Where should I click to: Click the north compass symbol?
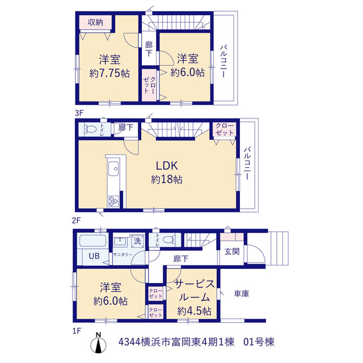98,343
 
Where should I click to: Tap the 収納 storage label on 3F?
95,23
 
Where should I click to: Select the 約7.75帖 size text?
109,73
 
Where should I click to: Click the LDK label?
167,166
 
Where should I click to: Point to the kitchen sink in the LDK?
113,168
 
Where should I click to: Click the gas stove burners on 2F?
113,201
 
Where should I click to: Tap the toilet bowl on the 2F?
91,129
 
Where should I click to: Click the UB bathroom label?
94,256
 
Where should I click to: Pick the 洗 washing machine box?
137,241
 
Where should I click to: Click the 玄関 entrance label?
232,252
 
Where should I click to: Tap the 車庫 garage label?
242,294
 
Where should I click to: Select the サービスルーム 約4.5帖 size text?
195,311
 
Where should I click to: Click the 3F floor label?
79,113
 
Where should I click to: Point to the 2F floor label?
76,220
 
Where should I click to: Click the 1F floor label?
77,331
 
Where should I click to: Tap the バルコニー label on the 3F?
223,61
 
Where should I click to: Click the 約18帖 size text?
167,179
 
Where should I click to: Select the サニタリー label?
123,255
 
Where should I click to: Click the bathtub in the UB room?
92,240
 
